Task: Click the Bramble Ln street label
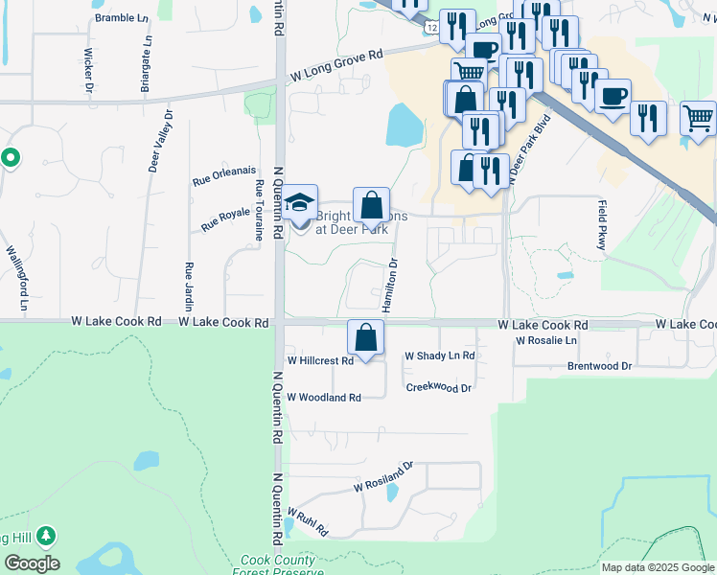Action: [123, 17]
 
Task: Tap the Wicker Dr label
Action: [88, 69]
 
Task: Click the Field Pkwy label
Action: [602, 225]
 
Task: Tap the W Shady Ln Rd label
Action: [439, 356]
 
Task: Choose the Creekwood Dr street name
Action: [439, 388]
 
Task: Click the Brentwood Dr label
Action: [599, 366]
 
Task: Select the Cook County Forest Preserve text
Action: [276, 565]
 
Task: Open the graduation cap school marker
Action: [301, 203]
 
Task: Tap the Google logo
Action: [32, 563]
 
